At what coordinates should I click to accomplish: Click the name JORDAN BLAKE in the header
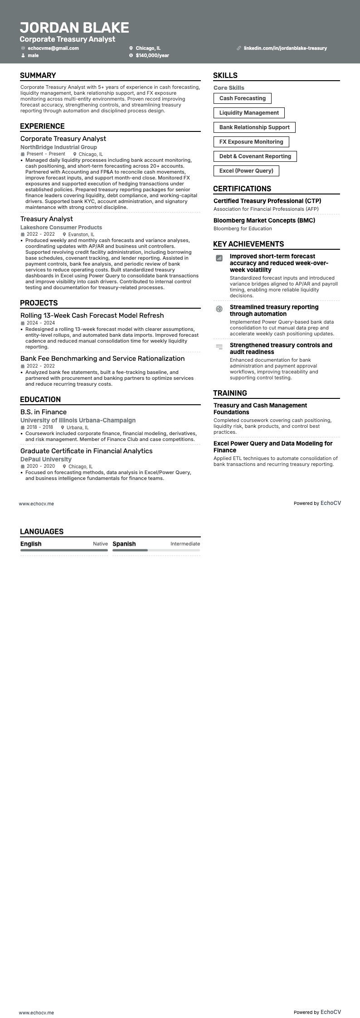click(x=74, y=28)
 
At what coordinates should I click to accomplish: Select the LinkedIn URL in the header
click(x=285, y=48)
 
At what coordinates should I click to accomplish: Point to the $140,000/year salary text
click(x=152, y=55)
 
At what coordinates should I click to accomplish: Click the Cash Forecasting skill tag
click(x=242, y=98)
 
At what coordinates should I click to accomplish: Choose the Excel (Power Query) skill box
click(x=246, y=171)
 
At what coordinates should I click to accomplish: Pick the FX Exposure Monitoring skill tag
click(x=251, y=142)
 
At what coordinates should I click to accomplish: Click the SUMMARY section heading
click(x=38, y=76)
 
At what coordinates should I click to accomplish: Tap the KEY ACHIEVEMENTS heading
click(x=248, y=244)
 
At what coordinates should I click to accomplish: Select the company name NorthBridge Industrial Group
click(x=58, y=147)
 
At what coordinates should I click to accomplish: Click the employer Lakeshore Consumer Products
click(x=61, y=228)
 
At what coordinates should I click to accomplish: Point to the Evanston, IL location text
click(x=81, y=235)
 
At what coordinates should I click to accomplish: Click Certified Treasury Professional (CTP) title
click(x=267, y=201)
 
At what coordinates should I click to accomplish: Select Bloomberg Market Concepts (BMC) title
click(x=264, y=220)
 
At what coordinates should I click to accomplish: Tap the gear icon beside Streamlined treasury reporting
click(x=219, y=309)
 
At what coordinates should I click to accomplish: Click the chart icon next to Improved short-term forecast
click(x=219, y=258)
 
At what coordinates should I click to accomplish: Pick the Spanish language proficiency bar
click(x=156, y=550)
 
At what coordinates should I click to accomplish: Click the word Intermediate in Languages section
click(x=185, y=544)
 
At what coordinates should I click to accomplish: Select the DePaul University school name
click(x=46, y=459)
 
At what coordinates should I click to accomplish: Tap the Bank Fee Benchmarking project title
click(x=102, y=359)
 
